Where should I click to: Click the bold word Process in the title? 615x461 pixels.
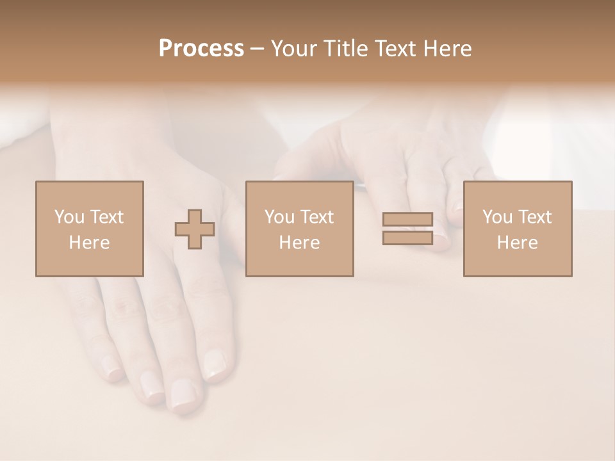[201, 49]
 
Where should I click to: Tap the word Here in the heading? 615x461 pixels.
[447, 49]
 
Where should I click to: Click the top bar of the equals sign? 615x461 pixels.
[407, 220]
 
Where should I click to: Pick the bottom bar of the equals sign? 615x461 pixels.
[407, 238]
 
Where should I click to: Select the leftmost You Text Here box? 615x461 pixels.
[89, 229]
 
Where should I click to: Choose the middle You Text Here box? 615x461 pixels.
[299, 229]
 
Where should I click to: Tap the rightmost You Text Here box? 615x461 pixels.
[518, 229]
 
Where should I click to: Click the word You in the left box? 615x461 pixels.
[69, 217]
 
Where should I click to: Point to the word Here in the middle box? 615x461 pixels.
[299, 243]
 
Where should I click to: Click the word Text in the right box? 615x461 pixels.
[534, 217]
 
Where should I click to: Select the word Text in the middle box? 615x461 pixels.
[316, 217]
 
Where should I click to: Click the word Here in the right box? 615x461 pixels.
[518, 243]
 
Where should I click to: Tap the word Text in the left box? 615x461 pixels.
[106, 217]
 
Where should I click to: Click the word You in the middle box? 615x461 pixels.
[279, 217]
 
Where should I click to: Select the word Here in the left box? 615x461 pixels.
[89, 243]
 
